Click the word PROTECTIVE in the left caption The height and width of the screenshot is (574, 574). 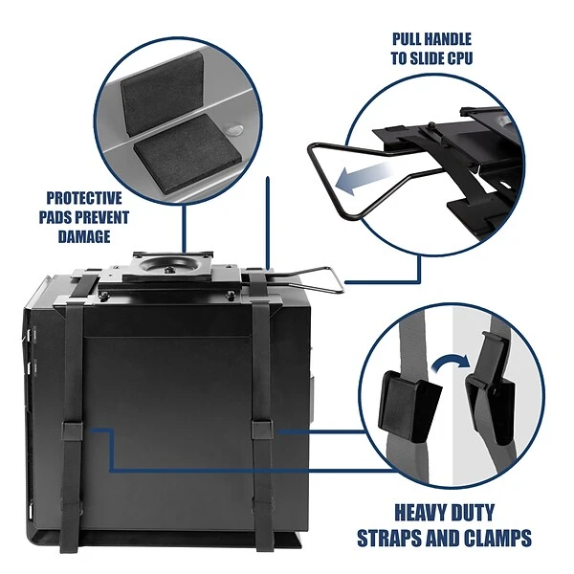click(x=84, y=198)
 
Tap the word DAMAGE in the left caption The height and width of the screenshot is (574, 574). click(x=84, y=236)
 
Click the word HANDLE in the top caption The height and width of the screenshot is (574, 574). click(x=450, y=39)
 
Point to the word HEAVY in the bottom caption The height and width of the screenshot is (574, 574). click(x=422, y=513)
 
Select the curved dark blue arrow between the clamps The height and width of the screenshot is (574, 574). click(x=451, y=362)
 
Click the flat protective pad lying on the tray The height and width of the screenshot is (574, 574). click(x=188, y=150)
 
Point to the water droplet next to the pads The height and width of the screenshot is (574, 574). click(x=234, y=129)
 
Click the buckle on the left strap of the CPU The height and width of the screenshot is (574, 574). click(x=73, y=430)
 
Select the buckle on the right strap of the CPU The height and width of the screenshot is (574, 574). click(x=262, y=429)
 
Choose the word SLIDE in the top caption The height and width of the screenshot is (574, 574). click(x=425, y=58)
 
